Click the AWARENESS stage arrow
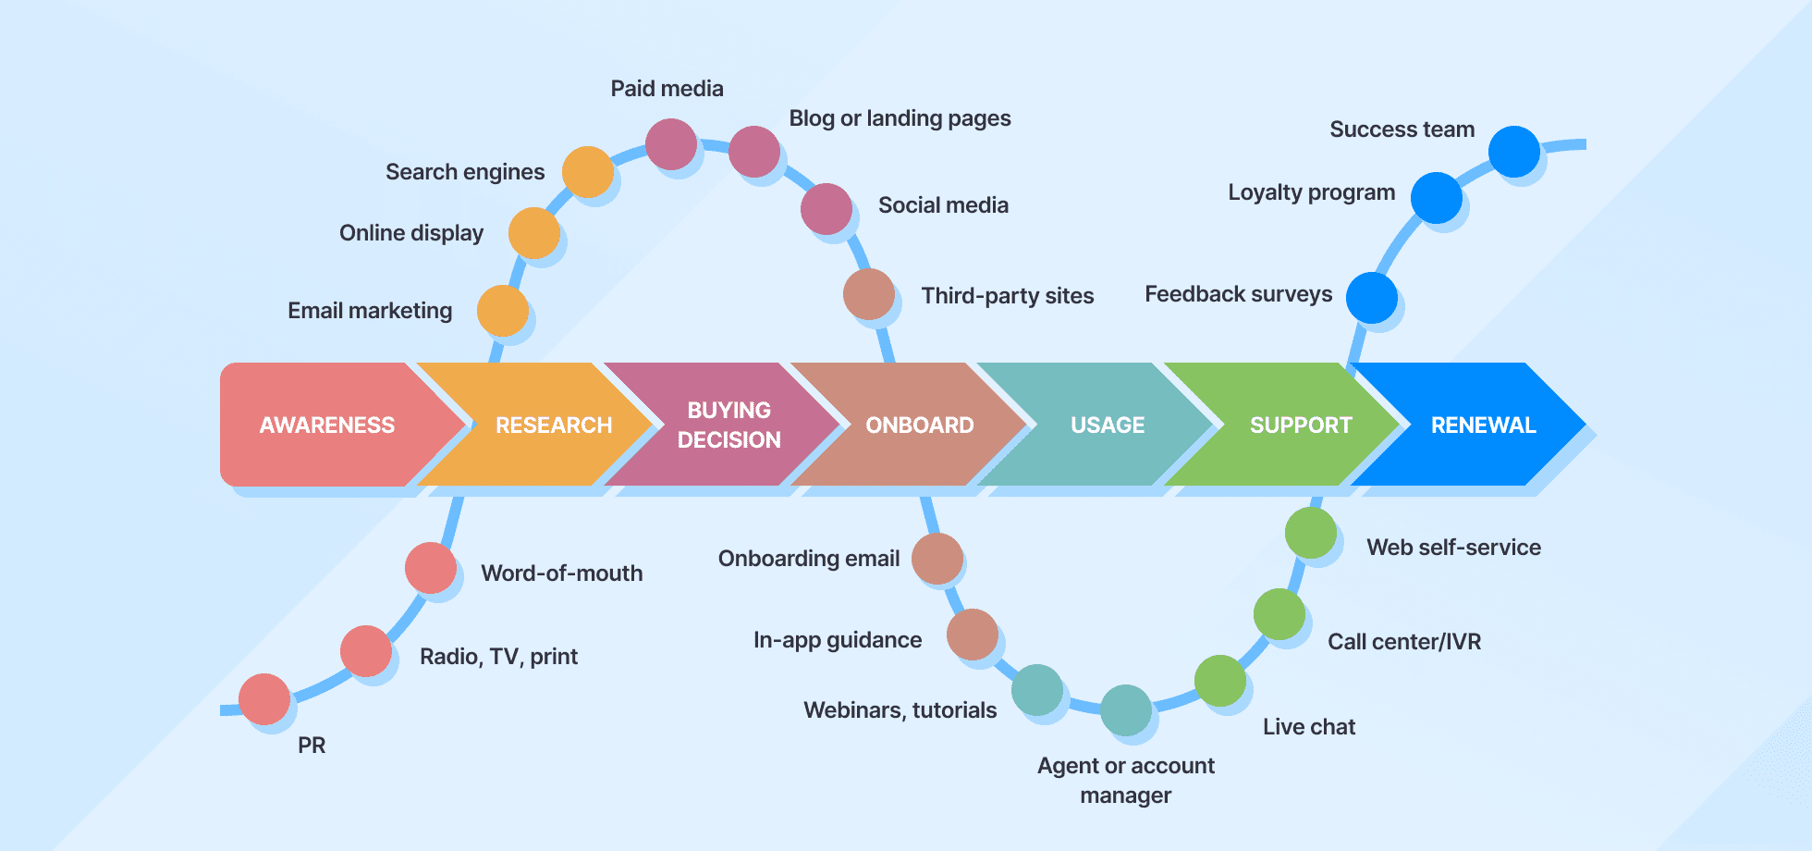tap(327, 425)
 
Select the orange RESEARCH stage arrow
tap(553, 425)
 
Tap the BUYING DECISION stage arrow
tap(728, 425)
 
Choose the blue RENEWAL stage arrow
tap(1483, 425)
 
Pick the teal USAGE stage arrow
tap(1107, 425)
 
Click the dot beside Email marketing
tap(502, 311)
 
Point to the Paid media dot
tap(670, 144)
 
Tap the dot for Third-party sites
tap(868, 294)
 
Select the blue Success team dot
tap(1513, 152)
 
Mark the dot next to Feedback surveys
tap(1371, 298)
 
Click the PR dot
tap(264, 699)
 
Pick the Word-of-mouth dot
tap(431, 568)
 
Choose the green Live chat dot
tap(1220, 681)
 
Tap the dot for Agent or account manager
tap(1125, 710)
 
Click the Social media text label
tap(943, 205)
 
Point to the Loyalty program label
tap(1311, 192)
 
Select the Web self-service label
tap(1453, 548)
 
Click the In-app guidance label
tap(838, 640)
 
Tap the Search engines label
tap(465, 172)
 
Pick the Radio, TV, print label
tap(498, 657)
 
